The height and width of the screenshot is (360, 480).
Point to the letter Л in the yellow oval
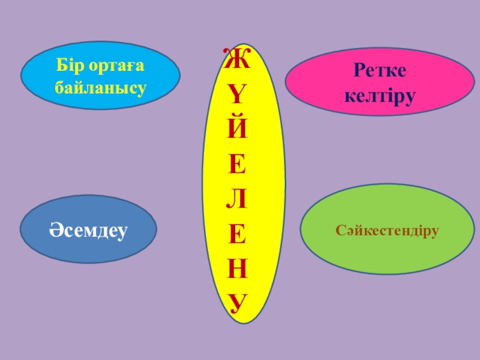point(238,200)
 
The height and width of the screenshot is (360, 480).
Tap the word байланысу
point(100,88)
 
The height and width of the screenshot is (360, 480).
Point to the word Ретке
point(380,71)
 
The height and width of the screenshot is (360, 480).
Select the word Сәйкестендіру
point(388,230)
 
